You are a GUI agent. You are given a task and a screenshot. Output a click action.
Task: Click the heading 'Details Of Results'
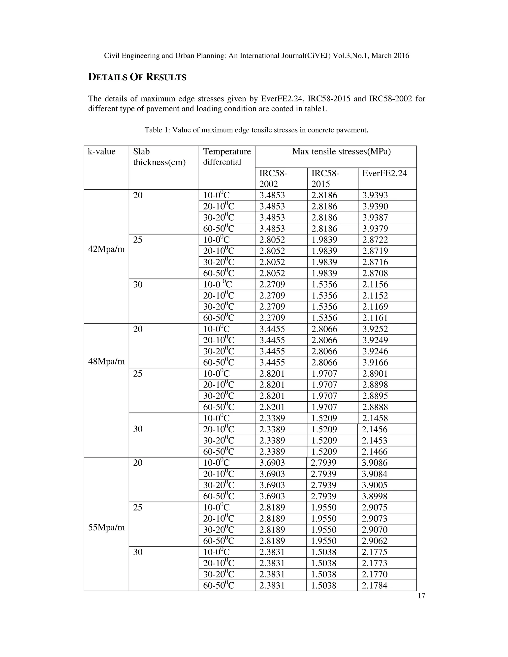coord(137,77)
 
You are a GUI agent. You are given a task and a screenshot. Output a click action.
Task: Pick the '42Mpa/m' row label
coord(106,249)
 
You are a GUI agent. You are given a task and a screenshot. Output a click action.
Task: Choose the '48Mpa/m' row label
coord(106,361)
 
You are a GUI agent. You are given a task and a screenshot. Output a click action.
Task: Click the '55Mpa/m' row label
coord(106,527)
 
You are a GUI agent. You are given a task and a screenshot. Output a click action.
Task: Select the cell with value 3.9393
coord(375,195)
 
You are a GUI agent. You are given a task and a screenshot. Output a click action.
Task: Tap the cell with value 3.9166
coord(375,362)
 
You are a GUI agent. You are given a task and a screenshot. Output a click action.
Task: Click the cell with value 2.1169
coord(375,306)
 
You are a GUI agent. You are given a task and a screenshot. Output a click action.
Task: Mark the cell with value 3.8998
coord(374,496)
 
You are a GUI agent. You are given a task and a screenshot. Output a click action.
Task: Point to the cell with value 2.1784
coord(374,585)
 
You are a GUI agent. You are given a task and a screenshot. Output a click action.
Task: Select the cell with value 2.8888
coord(375,407)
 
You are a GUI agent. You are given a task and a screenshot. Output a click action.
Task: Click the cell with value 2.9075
coord(374,508)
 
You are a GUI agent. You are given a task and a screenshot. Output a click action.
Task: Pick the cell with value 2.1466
coord(374,451)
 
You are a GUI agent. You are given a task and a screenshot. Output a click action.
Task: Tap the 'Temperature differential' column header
coord(227,156)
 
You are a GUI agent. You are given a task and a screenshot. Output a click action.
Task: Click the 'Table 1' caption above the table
coord(256,130)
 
